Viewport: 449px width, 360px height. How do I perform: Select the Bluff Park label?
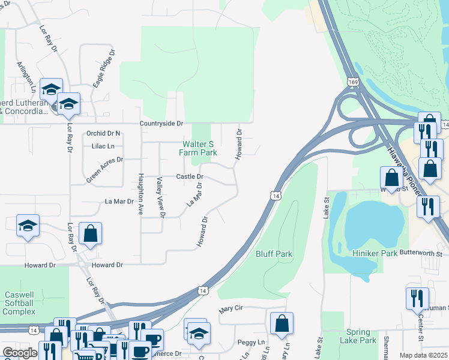pyautogui.click(x=274, y=254)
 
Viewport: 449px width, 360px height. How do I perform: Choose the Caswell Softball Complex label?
pyautogui.click(x=20, y=304)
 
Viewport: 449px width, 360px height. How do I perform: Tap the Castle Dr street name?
pyautogui.click(x=190, y=176)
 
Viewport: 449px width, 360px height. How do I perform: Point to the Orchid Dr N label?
pyautogui.click(x=103, y=133)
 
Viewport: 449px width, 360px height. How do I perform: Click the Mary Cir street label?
pyautogui.click(x=230, y=308)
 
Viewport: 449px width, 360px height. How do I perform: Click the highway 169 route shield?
pyautogui.click(x=352, y=80)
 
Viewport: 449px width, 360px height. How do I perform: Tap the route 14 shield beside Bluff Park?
pyautogui.click(x=275, y=196)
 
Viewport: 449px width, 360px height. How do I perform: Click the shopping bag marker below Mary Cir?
pyautogui.click(x=282, y=325)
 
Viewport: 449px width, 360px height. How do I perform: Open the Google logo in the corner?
pyautogui.click(x=19, y=353)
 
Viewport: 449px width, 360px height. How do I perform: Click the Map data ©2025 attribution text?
pyautogui.click(x=423, y=355)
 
